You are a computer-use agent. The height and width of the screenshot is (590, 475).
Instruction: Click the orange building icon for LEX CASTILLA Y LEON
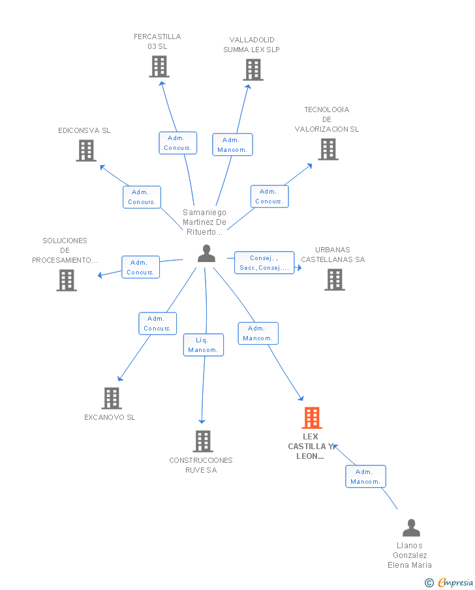[x=311, y=418]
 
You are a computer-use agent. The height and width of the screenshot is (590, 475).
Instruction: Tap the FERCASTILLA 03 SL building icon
[x=159, y=66]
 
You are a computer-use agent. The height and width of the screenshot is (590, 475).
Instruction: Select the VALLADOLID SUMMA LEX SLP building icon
[x=253, y=70]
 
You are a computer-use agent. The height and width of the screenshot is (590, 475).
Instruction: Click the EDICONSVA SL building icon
[x=86, y=151]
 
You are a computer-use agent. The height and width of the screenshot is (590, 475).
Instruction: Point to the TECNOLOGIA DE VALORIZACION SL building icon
[x=328, y=149]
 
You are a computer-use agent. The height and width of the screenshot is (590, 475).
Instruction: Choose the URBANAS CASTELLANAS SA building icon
[x=335, y=280]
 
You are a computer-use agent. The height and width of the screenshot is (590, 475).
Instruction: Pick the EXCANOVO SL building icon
[x=112, y=398]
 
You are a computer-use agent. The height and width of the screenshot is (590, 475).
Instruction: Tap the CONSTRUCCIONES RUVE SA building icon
[x=203, y=441]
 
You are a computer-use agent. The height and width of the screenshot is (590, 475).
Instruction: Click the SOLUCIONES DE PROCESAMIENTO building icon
[x=67, y=280]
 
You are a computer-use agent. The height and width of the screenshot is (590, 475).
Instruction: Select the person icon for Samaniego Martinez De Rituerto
[x=206, y=253]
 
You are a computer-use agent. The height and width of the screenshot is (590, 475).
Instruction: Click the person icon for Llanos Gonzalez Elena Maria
[x=411, y=528]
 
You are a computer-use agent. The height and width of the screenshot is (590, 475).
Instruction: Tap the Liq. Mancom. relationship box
[x=204, y=345]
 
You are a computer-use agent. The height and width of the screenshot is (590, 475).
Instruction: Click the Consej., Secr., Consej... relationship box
[x=264, y=263]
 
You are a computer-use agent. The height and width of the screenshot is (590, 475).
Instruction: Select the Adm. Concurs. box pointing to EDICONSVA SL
[x=142, y=197]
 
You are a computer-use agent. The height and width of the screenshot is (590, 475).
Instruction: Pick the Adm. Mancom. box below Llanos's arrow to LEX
[x=365, y=477]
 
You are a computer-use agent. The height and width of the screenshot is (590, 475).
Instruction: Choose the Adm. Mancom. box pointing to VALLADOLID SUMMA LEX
[x=232, y=145]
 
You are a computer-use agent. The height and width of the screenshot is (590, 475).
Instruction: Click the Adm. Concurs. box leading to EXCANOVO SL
[x=157, y=323]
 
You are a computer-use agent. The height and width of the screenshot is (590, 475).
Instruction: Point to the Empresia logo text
[x=455, y=582]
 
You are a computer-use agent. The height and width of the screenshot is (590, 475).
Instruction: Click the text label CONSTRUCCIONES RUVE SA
[x=201, y=465]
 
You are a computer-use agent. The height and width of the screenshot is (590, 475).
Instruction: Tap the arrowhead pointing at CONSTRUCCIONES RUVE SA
[x=202, y=421]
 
